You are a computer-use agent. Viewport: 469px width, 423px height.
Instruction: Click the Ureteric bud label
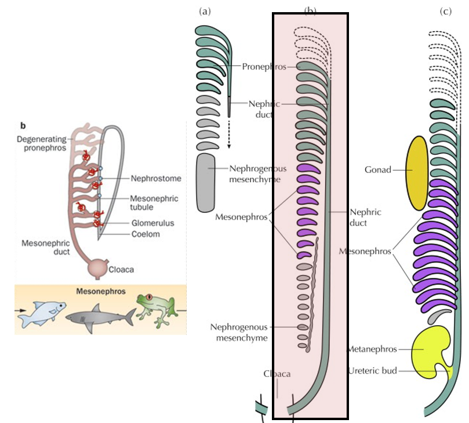coord(373,370)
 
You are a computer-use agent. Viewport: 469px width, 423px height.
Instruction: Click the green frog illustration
coord(155,308)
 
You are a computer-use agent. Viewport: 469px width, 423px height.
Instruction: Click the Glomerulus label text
coord(152,223)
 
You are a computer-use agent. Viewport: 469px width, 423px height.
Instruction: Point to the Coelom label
coord(144,234)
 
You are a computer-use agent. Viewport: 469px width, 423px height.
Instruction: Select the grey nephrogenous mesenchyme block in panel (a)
coord(206,183)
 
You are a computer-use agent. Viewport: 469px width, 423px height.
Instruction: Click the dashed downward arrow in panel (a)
coord(229,123)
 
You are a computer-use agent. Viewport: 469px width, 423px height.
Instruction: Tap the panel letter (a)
coord(203,12)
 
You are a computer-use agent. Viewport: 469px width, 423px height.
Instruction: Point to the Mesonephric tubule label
coord(155,203)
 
